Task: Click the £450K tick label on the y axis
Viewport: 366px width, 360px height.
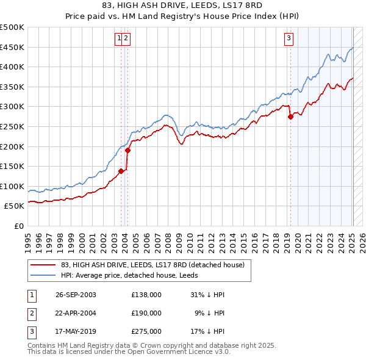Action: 12,47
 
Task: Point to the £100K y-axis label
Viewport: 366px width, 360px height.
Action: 12,186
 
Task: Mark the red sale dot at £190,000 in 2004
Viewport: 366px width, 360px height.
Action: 127,150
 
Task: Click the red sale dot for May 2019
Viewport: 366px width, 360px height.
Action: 290,117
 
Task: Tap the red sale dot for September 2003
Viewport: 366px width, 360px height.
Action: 121,171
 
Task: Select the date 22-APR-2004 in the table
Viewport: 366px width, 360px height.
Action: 76,313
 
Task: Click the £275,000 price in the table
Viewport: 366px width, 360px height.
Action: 146,331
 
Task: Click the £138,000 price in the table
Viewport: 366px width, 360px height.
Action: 146,295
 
